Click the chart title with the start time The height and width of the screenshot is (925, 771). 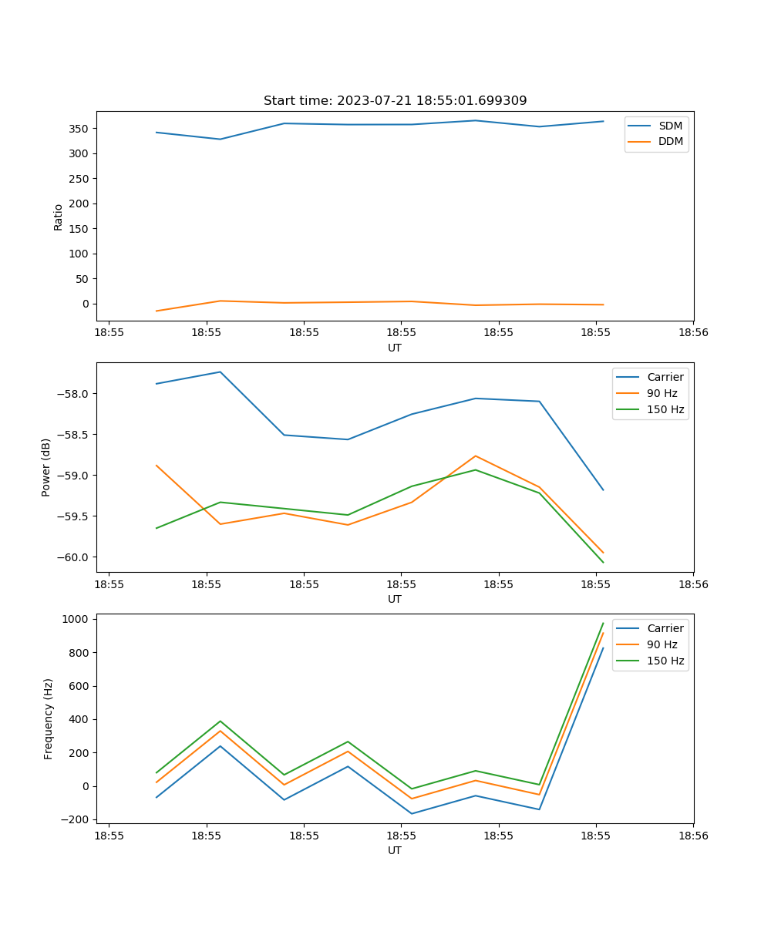(x=395, y=101)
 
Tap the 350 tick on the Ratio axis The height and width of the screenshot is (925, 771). (x=80, y=129)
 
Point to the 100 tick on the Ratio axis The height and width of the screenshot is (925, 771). (x=80, y=254)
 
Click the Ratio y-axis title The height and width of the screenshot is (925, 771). (x=59, y=217)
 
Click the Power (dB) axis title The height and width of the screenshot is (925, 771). (x=46, y=467)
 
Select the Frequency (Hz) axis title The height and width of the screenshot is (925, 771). (x=49, y=718)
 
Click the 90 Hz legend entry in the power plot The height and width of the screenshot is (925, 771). (x=662, y=393)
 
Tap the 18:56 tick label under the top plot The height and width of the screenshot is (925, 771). (x=692, y=334)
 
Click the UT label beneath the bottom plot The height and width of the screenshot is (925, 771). (x=395, y=850)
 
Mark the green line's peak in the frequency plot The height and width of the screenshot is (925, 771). (x=603, y=623)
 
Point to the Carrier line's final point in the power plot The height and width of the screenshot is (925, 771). (x=603, y=490)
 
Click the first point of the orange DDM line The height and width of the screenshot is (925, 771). (x=157, y=311)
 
